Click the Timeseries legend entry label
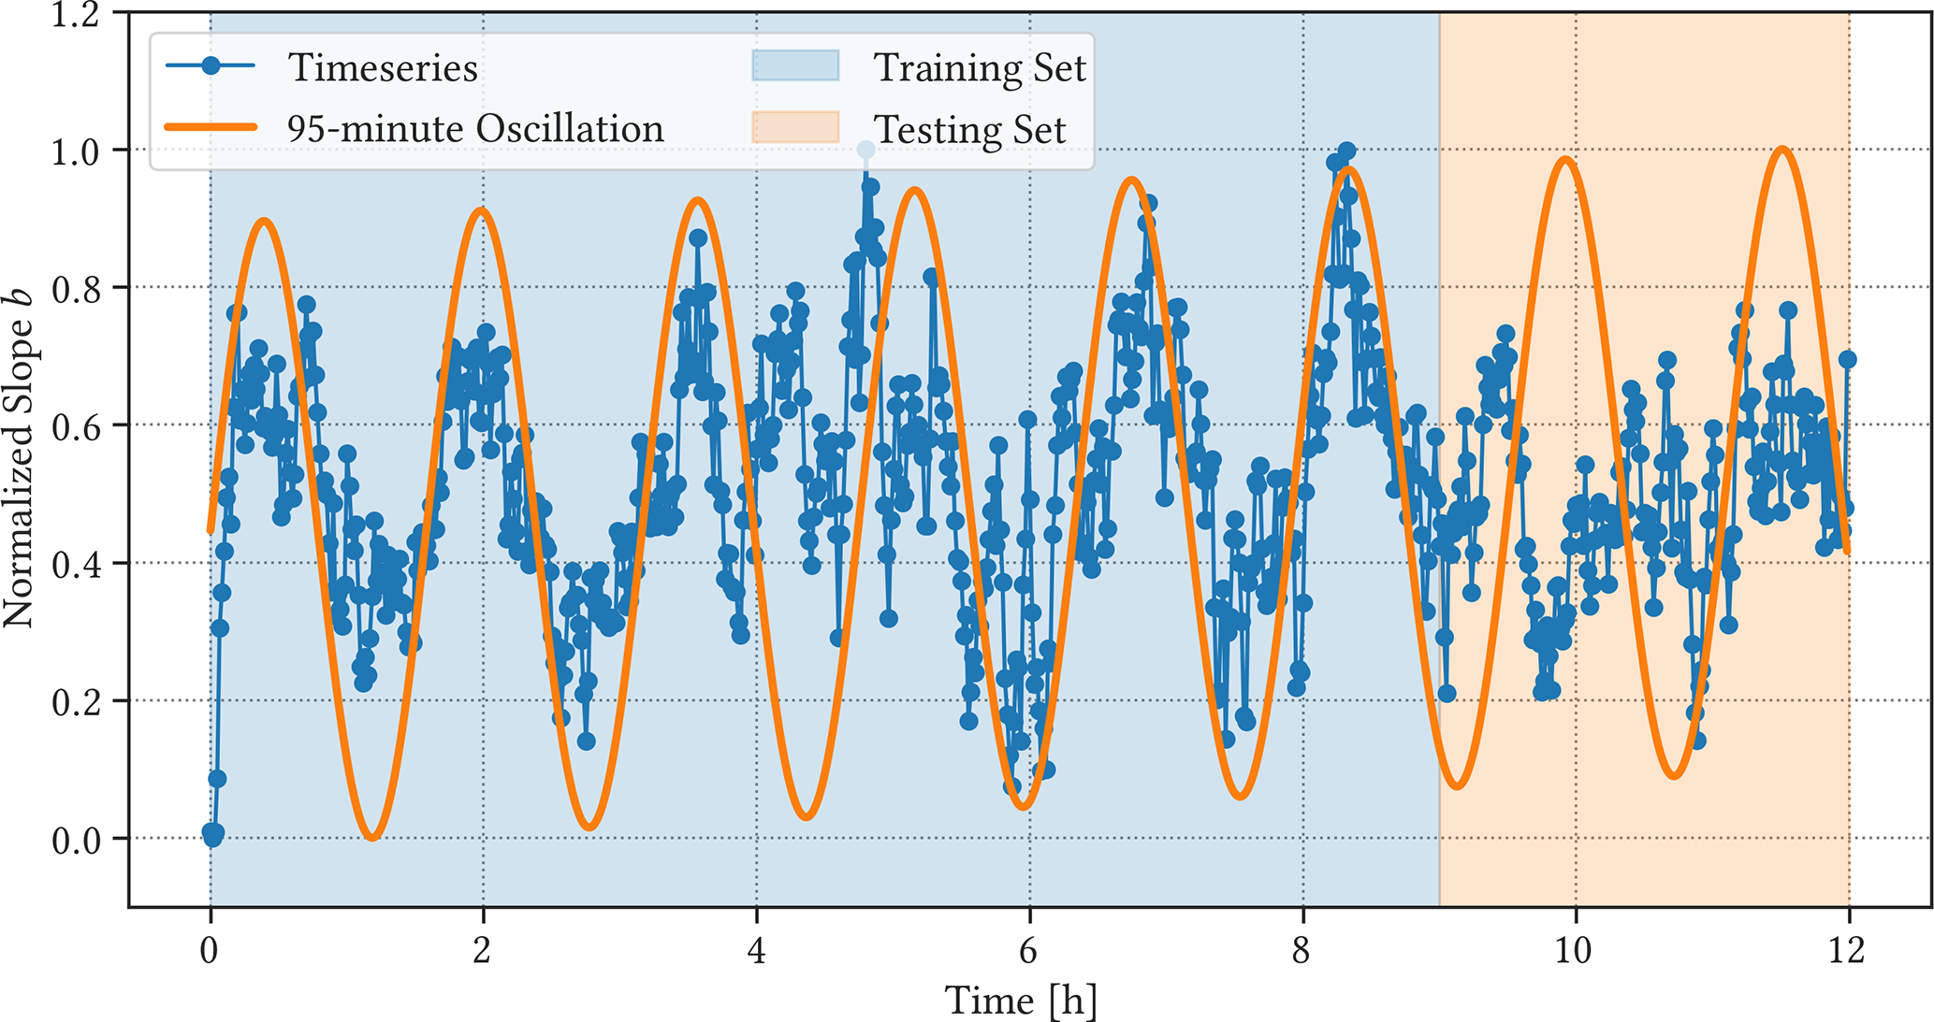pos(383,67)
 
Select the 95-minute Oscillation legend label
pos(475,128)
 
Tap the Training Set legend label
pos(979,67)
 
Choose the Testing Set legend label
pos(969,129)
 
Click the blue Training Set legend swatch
pos(795,66)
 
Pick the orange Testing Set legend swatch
pos(795,127)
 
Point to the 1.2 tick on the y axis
pos(76,15)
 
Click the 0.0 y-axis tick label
pos(76,840)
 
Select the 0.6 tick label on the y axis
pos(76,426)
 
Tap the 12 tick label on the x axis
pos(1848,951)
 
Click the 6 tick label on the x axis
pos(1028,951)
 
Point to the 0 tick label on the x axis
pos(210,951)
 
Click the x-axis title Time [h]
pos(1021,1000)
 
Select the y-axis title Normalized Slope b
pos(19,458)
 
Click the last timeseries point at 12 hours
pos(1847,359)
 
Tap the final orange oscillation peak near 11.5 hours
pos(1783,150)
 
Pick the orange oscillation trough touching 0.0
pos(372,835)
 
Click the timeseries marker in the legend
pos(211,65)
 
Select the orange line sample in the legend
pos(211,127)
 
